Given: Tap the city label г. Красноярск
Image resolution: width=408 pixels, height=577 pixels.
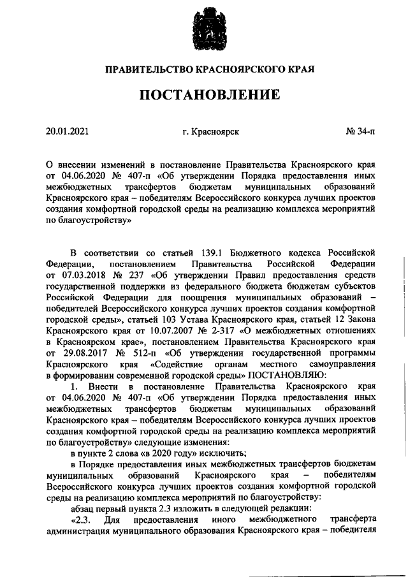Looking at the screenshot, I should pyautogui.click(x=210, y=132).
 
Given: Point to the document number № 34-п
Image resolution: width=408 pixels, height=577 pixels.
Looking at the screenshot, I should pyautogui.click(x=360, y=132).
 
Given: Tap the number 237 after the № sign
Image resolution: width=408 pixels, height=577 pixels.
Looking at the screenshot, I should pyautogui.click(x=136, y=274).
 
